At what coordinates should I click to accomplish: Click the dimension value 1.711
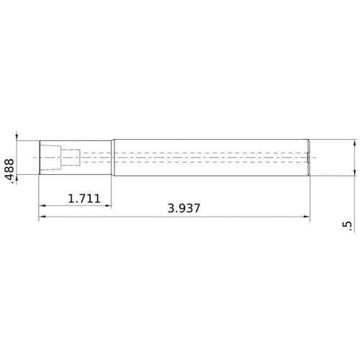click(84, 198)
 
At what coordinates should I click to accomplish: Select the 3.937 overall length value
click(184, 208)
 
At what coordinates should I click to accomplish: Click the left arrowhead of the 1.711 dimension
click(42, 206)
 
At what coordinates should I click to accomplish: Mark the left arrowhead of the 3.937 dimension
click(42, 216)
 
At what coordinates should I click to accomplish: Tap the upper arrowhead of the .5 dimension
click(354, 143)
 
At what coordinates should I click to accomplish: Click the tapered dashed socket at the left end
click(50, 157)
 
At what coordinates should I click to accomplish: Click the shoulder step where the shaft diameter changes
click(112, 157)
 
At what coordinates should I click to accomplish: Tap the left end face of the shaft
click(39, 157)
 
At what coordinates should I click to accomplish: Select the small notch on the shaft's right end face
click(309, 157)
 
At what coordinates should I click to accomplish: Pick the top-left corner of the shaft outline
click(39, 140)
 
